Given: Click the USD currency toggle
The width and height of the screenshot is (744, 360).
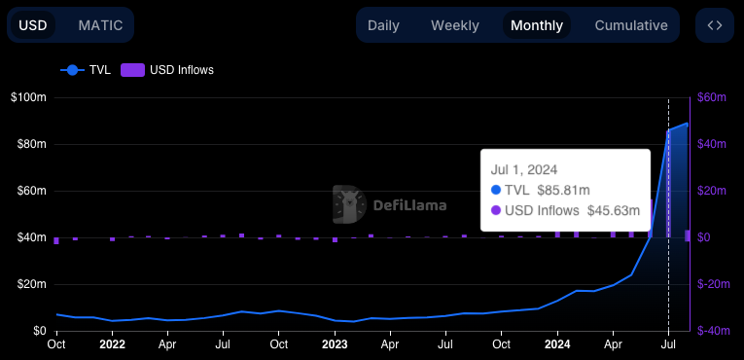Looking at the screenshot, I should (33, 24).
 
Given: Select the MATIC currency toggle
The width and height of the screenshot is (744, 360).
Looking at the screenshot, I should (100, 24).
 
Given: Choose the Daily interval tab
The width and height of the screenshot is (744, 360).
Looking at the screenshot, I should (383, 25).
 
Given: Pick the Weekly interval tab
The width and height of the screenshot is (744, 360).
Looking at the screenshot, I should (455, 25).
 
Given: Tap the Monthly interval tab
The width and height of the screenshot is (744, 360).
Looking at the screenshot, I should (537, 25).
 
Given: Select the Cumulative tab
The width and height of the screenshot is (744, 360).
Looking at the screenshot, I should (631, 25).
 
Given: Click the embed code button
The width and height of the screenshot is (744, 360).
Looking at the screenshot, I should (715, 25).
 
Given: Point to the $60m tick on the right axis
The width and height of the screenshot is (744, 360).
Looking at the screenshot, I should (713, 97).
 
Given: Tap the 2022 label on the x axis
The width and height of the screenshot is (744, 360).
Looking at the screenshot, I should (112, 344).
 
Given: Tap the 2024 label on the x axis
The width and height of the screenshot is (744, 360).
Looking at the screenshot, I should (557, 344).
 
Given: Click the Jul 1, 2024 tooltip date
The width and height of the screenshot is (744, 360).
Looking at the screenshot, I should (524, 169).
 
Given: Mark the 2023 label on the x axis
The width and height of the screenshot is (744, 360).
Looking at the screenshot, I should (335, 344).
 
